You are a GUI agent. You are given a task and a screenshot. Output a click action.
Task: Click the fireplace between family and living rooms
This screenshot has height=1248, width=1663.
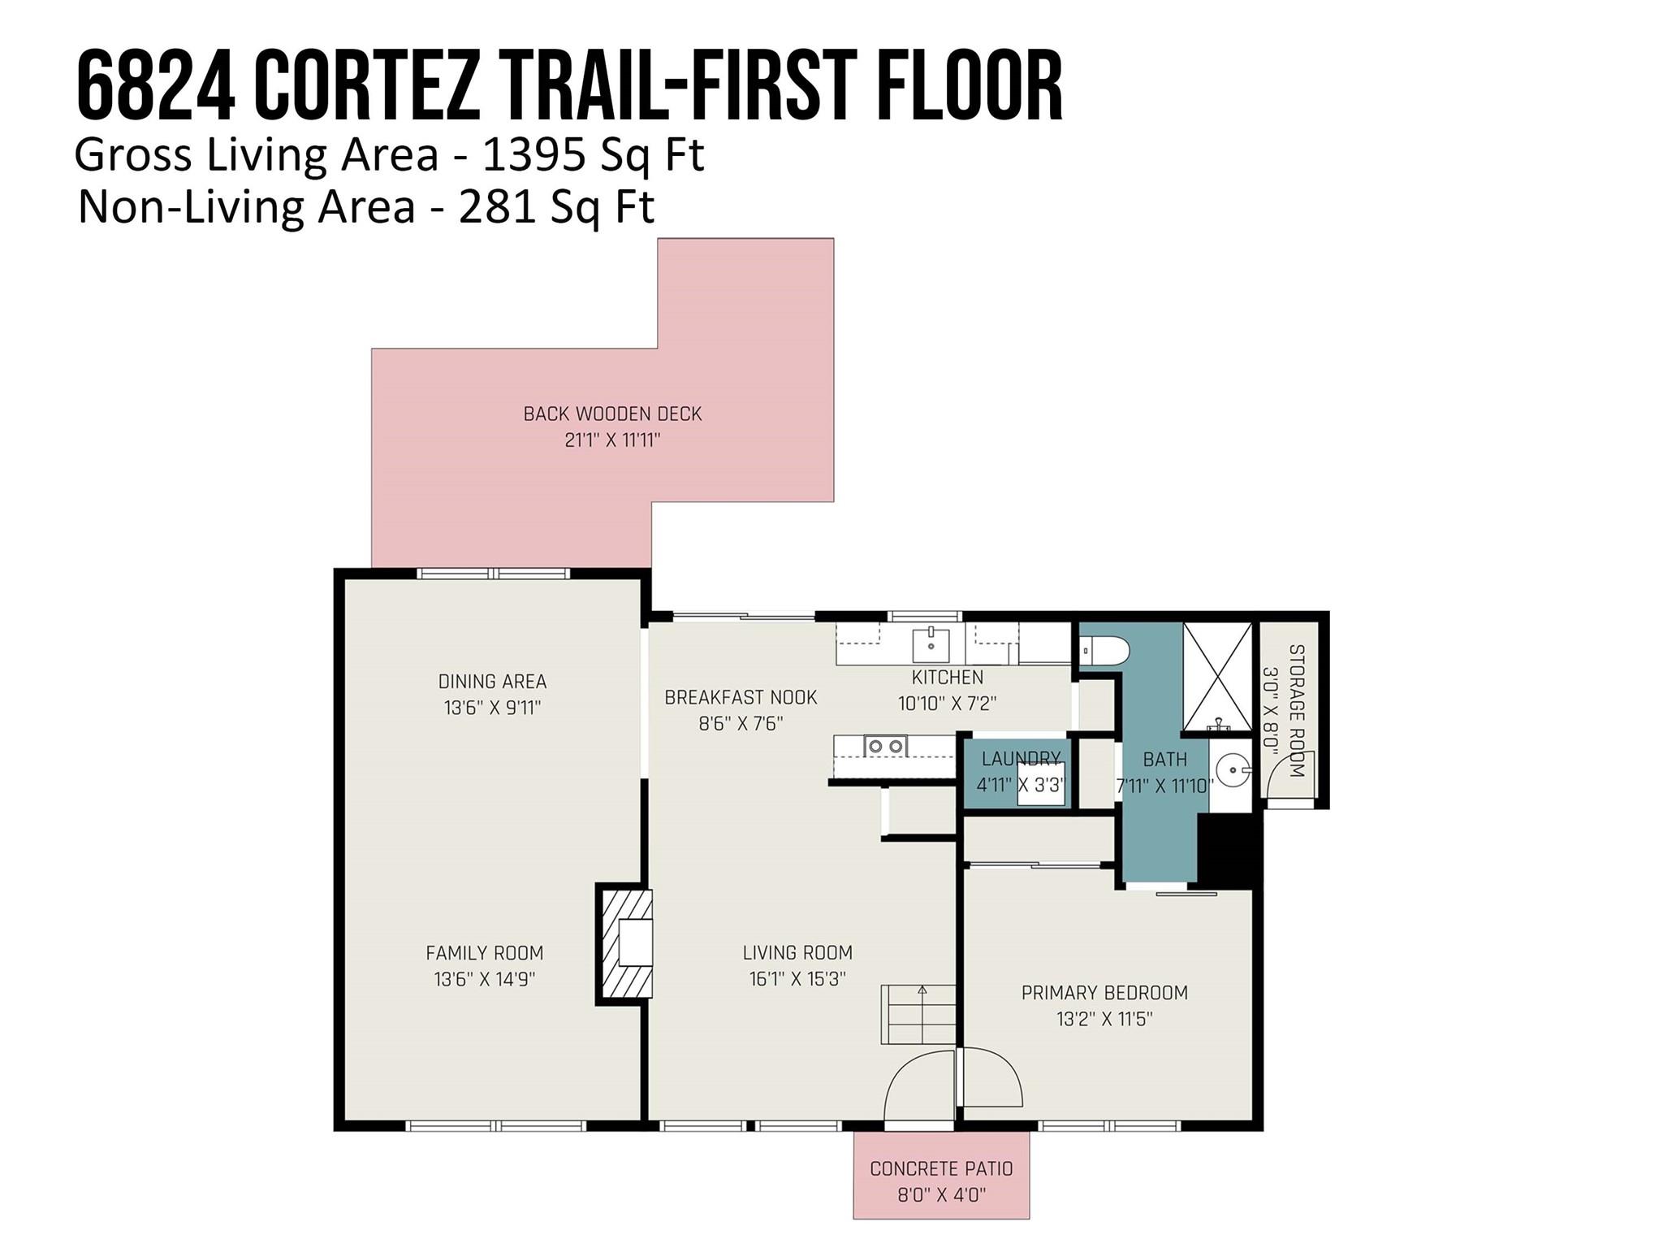[x=626, y=943]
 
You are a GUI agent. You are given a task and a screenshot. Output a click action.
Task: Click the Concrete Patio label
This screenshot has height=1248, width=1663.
[x=941, y=1168]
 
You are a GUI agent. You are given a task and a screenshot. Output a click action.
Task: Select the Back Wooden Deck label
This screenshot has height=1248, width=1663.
[x=612, y=414]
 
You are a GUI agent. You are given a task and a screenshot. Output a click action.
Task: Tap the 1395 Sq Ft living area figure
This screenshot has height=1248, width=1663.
[x=593, y=154]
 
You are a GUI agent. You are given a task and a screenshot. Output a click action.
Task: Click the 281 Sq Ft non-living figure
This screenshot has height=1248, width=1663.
[x=556, y=206]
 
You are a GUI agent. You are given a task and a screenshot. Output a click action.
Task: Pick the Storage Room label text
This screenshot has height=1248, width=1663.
[x=1296, y=710]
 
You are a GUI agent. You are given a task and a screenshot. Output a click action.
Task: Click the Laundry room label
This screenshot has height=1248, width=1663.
[x=1021, y=759]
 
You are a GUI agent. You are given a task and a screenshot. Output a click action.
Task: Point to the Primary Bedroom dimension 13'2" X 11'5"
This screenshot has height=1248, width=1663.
[x=1104, y=1019]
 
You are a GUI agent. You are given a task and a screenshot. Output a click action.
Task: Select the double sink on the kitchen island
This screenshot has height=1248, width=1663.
[x=885, y=745]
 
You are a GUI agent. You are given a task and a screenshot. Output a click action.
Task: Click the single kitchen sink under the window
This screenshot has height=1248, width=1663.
[x=931, y=644]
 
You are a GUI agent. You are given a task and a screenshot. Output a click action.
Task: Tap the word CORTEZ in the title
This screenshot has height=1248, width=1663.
[x=366, y=85]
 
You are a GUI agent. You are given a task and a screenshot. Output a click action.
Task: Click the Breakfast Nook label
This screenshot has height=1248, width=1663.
[x=741, y=697]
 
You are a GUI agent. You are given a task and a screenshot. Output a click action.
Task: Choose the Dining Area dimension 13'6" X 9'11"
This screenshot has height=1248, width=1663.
[x=492, y=708]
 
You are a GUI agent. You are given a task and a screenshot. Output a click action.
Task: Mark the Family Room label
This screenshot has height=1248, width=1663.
[x=485, y=952]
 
